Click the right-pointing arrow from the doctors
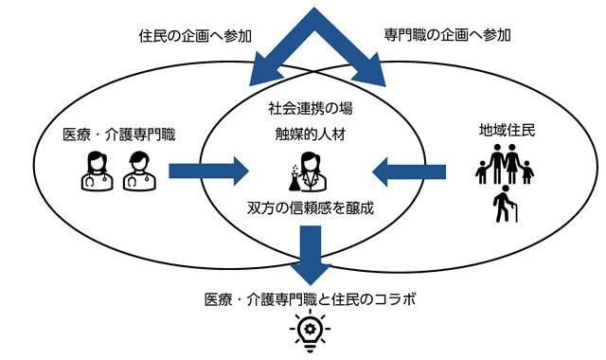208,171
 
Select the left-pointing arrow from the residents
409,171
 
